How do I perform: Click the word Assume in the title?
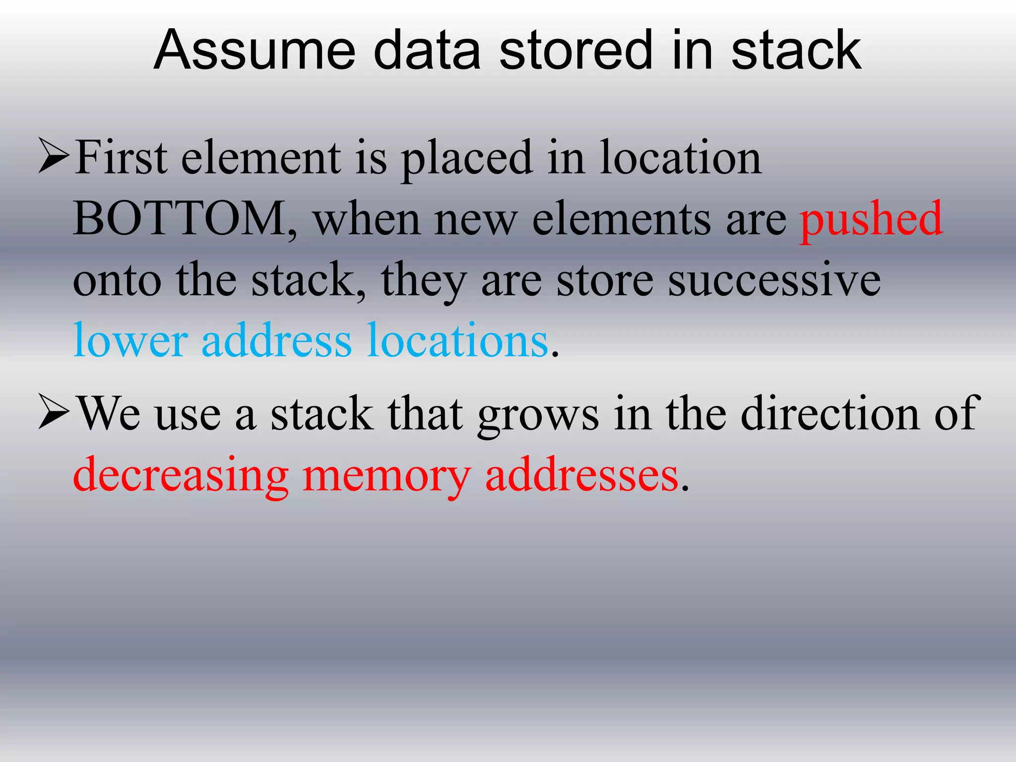254,51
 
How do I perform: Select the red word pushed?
871,219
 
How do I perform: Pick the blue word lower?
130,340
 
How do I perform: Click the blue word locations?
457,340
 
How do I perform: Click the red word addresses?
581,475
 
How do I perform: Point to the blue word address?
276,340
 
